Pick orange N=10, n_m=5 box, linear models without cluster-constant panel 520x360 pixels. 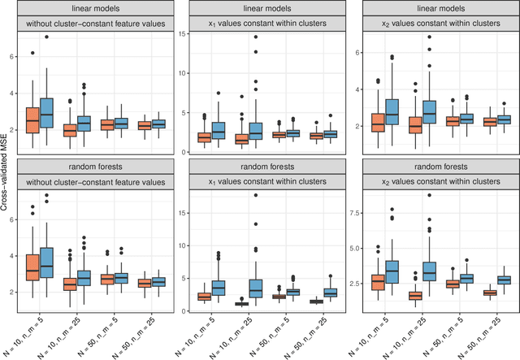[33, 119]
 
